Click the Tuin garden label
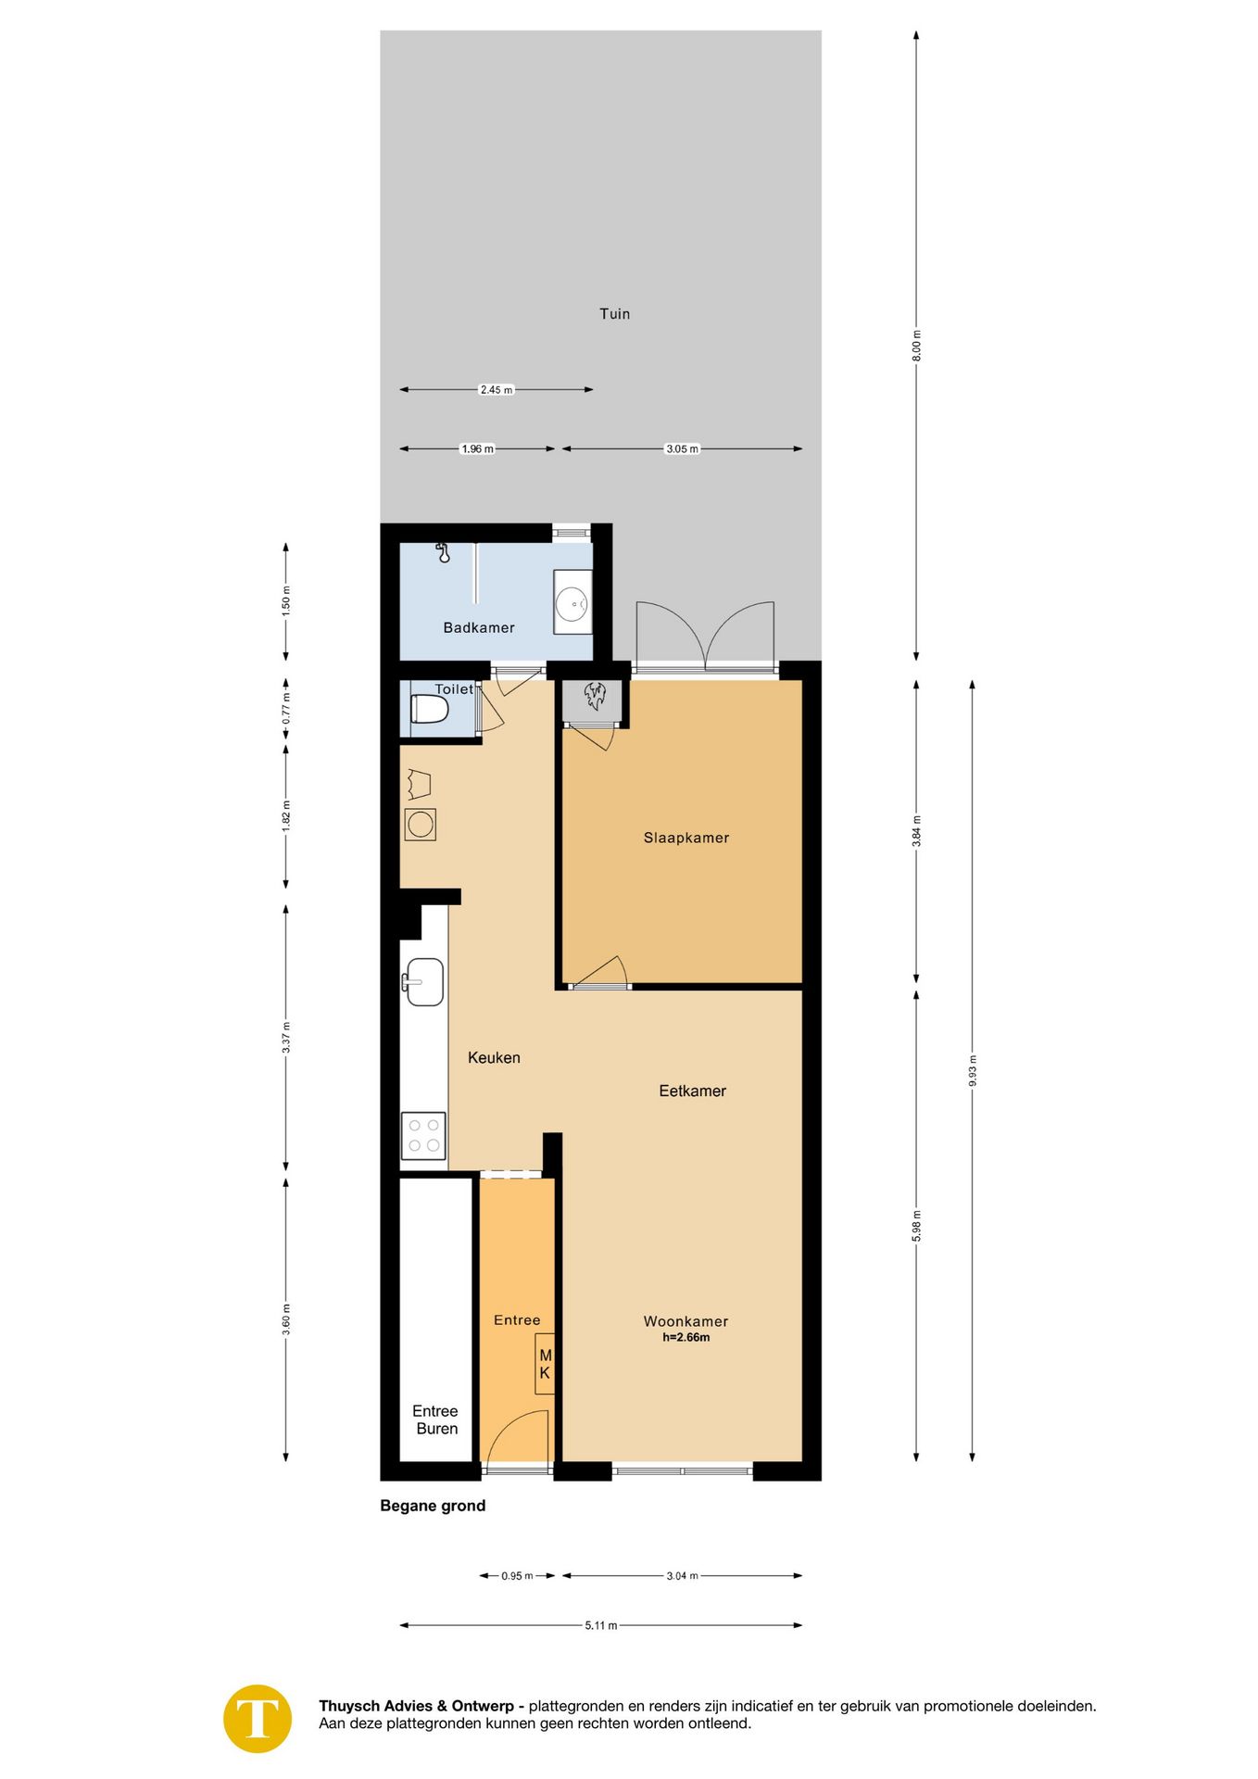click(x=614, y=314)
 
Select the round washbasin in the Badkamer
click(x=572, y=603)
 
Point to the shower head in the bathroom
click(x=444, y=554)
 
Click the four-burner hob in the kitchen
click(x=423, y=1136)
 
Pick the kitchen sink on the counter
click(x=423, y=982)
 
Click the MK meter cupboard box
click(x=545, y=1364)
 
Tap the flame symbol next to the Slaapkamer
click(x=594, y=696)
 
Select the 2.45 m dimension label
click(x=496, y=390)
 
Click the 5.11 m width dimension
click(x=600, y=1625)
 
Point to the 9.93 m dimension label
click(x=972, y=1071)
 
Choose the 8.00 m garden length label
click(x=916, y=346)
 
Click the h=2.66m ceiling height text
click(x=686, y=1338)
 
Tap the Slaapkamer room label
click(x=686, y=838)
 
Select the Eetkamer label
click(x=692, y=1091)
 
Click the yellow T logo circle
click(x=258, y=1719)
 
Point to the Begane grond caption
click(x=433, y=1506)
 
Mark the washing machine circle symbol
click(x=421, y=825)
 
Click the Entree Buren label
click(x=435, y=1419)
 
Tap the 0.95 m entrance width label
click(x=517, y=1576)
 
